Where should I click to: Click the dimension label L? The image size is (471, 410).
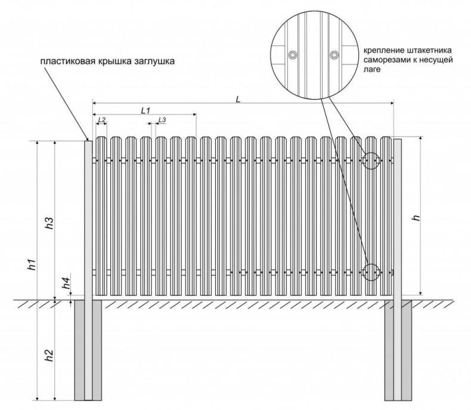[237, 99]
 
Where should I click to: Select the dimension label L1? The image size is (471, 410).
[145, 110]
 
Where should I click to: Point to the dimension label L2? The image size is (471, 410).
[101, 120]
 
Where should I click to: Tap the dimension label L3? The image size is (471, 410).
[162, 120]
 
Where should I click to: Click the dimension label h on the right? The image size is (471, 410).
[416, 218]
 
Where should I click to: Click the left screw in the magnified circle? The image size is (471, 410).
[292, 56]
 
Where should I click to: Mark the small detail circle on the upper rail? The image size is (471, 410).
[370, 161]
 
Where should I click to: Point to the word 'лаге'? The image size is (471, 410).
[371, 70]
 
